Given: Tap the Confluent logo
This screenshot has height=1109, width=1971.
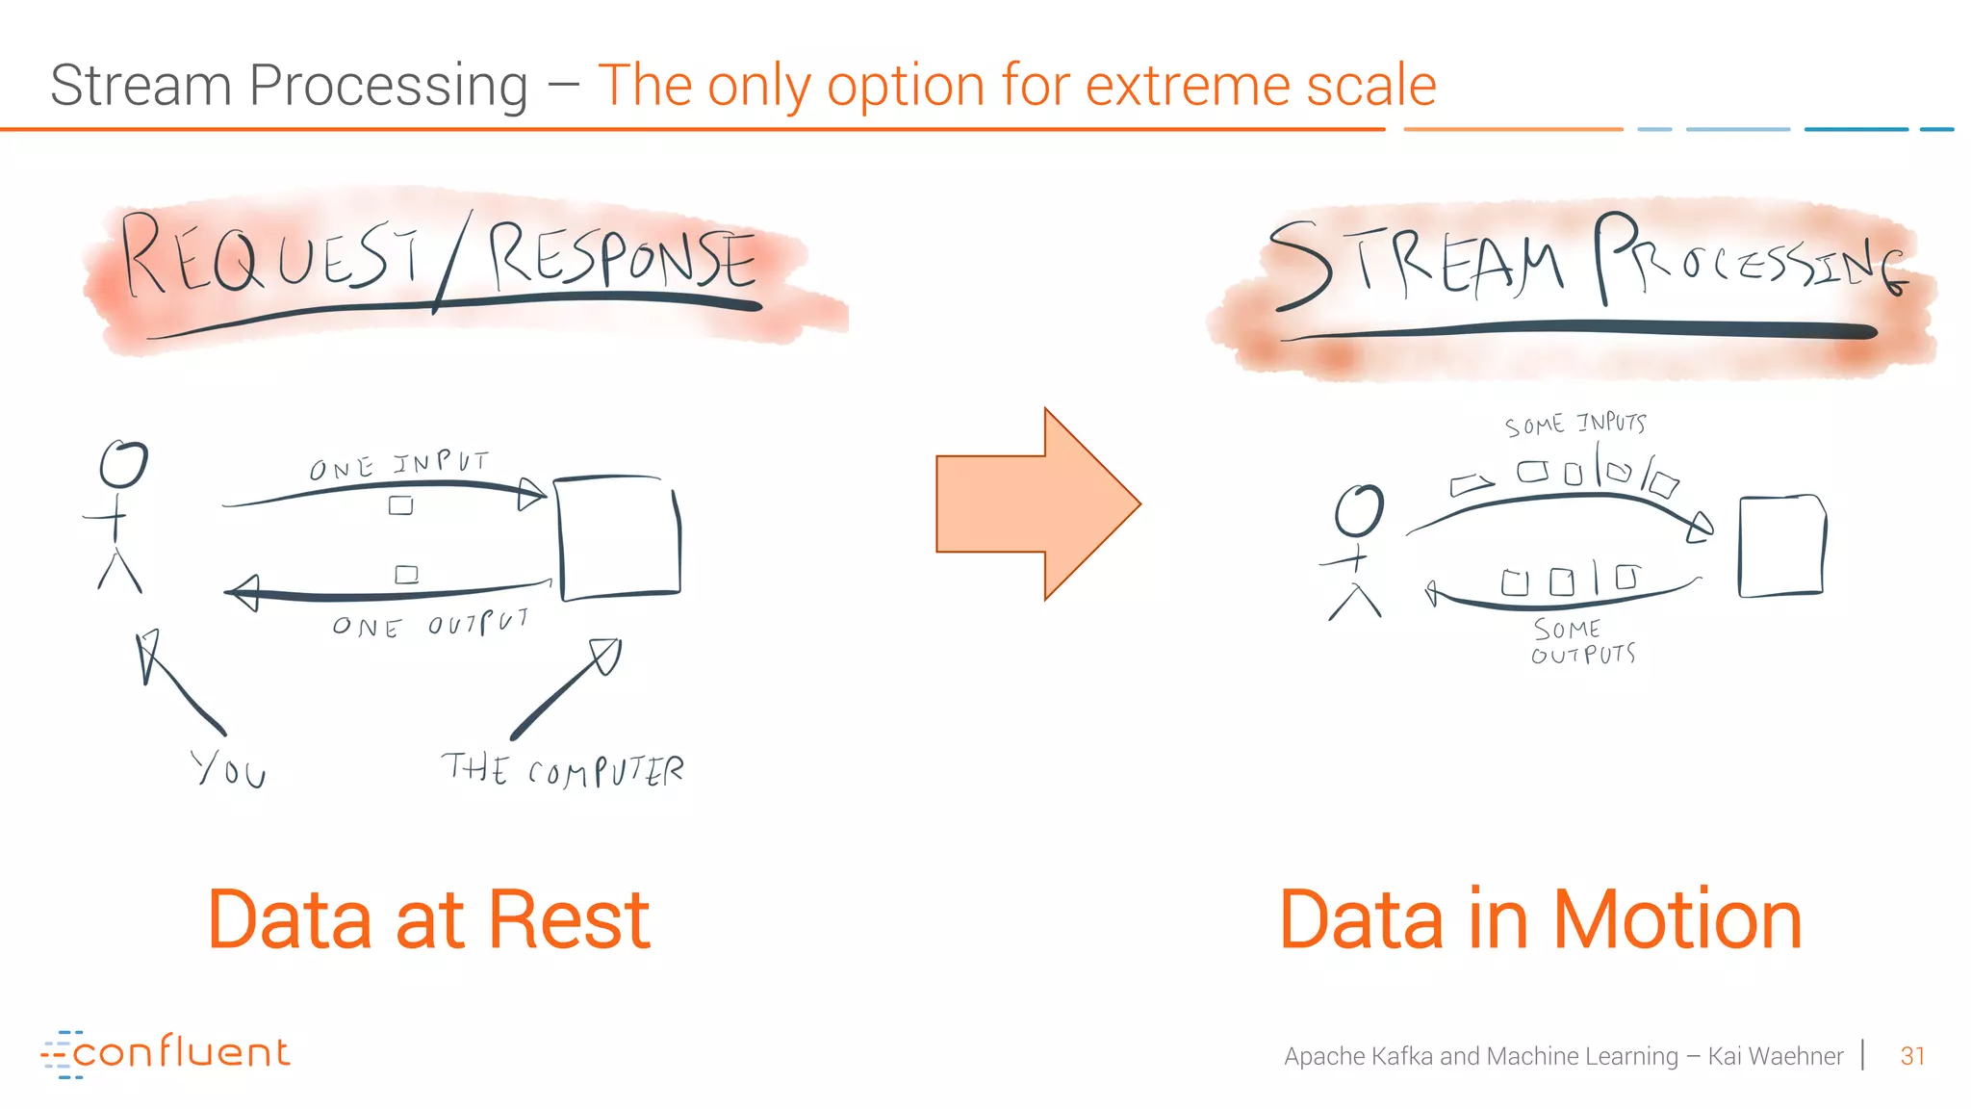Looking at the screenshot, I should (166, 1052).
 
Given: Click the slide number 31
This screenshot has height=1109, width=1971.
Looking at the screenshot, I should (1911, 1056).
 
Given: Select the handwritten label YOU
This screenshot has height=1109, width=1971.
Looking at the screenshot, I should (229, 769).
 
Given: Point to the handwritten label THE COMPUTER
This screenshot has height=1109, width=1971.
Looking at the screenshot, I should (563, 770).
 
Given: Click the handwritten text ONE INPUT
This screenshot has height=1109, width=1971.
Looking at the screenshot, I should (398, 465).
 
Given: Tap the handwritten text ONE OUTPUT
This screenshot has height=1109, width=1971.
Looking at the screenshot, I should (430, 625).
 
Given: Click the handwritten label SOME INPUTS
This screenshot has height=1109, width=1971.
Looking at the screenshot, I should (1575, 425).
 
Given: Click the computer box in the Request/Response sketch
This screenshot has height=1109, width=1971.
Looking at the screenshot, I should (620, 537).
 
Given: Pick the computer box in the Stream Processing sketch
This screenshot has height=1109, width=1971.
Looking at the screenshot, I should (1780, 546).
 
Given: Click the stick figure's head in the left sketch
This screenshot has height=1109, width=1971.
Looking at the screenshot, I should (124, 464).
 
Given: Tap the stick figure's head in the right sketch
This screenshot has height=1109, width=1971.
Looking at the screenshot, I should (1359, 510).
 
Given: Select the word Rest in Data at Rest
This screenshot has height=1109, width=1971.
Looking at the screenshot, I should (569, 920).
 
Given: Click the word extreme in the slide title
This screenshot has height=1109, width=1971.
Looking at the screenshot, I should (1191, 85).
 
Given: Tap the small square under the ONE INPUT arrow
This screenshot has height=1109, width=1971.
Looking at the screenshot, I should (400, 505).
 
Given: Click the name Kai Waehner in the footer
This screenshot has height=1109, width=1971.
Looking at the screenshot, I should (1775, 1056).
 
